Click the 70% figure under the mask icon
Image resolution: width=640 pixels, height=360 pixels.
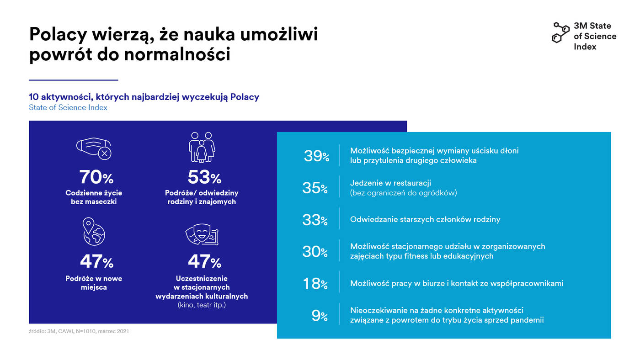[x=96, y=177]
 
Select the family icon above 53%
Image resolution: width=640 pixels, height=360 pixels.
[x=202, y=147]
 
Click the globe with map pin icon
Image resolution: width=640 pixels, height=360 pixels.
[x=93, y=232]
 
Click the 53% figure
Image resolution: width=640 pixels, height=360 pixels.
[x=204, y=177]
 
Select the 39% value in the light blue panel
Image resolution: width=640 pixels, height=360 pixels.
[x=316, y=156]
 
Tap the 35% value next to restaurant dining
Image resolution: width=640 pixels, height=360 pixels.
[x=315, y=188]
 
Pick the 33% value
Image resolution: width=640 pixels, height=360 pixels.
[x=315, y=220]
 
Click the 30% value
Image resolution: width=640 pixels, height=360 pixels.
[x=315, y=251]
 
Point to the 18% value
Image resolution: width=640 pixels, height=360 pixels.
[x=315, y=284]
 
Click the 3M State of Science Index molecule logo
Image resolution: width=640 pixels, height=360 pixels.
[x=561, y=32]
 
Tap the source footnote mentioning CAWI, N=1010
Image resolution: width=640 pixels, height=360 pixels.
[x=79, y=331]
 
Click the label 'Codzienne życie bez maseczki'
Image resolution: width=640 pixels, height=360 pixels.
[x=94, y=197]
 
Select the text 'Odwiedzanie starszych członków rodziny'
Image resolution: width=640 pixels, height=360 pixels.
[x=425, y=219]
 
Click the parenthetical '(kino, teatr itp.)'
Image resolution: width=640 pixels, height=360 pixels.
[x=202, y=305]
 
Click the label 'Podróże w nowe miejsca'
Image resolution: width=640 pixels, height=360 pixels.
[x=94, y=282]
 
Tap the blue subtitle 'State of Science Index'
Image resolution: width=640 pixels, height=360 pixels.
[x=68, y=107]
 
